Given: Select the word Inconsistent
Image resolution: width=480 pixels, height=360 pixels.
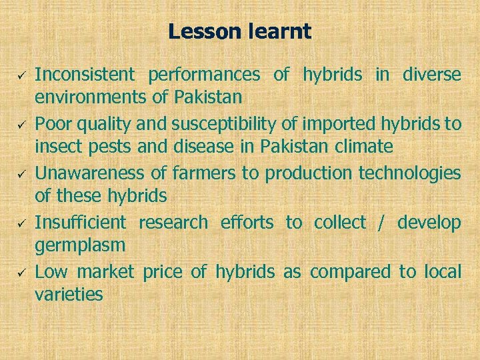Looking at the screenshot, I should [x=84, y=75].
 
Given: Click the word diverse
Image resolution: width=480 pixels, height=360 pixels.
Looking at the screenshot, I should [x=431, y=75].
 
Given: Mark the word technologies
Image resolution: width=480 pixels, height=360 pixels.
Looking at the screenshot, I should [x=409, y=173].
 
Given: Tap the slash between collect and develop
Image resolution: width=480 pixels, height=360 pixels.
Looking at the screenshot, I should [x=381, y=223].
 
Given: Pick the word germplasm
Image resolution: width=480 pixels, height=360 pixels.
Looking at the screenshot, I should [x=80, y=246].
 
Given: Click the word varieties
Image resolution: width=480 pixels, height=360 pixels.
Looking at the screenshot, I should [x=69, y=295].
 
